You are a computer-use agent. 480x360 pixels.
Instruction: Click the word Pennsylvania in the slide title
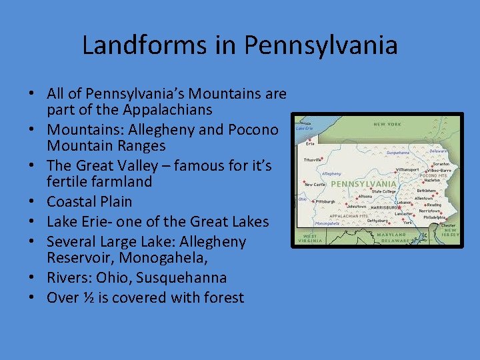[x=321, y=45]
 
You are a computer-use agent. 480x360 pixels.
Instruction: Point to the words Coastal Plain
[x=89, y=201]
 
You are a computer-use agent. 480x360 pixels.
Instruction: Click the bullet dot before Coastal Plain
[x=34, y=201]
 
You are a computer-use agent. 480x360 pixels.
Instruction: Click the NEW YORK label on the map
[x=387, y=124]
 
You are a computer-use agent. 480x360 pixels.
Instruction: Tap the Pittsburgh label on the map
[x=326, y=201]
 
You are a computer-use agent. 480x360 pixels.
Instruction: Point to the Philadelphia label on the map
[x=434, y=217]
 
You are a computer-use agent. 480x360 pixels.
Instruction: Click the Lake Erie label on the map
[x=305, y=128]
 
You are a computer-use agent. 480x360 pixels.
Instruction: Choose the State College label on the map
[x=383, y=191]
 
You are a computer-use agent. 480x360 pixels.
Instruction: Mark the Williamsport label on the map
[x=407, y=169]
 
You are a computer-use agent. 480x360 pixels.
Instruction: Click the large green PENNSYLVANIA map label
[x=363, y=183]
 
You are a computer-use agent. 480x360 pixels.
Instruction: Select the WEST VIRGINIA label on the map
[x=310, y=239]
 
